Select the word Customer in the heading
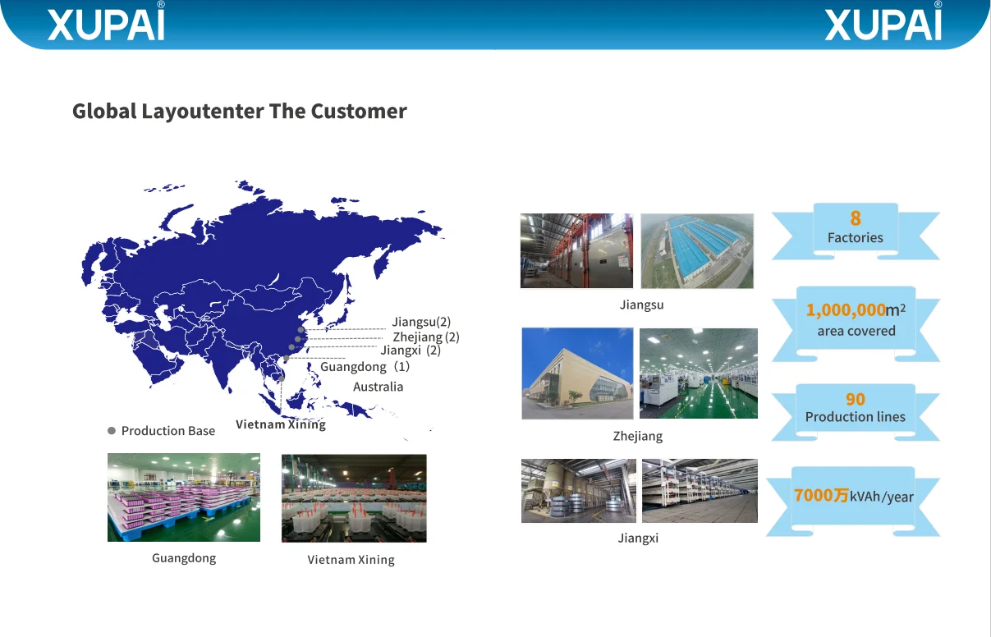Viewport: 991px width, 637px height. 359,111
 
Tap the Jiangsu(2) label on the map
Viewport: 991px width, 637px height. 421,322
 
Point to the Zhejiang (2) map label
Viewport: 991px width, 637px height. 426,337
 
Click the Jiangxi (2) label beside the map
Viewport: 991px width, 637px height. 411,351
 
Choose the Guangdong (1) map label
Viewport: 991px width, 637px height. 365,367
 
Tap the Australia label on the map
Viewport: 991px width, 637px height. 379,387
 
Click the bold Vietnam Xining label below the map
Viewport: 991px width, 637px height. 281,424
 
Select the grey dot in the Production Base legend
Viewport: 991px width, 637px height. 112,431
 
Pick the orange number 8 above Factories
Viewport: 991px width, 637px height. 856,218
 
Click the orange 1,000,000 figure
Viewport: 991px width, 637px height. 846,310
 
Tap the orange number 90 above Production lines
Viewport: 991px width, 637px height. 856,400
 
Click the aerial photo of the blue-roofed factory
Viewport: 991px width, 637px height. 697,251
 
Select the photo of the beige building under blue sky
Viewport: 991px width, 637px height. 577,373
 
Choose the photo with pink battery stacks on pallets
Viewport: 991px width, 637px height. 184,497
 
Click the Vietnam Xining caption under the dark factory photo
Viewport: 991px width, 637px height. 351,560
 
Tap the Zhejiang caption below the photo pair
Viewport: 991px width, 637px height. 637,436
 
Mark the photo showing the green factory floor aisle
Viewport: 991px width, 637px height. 699,373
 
